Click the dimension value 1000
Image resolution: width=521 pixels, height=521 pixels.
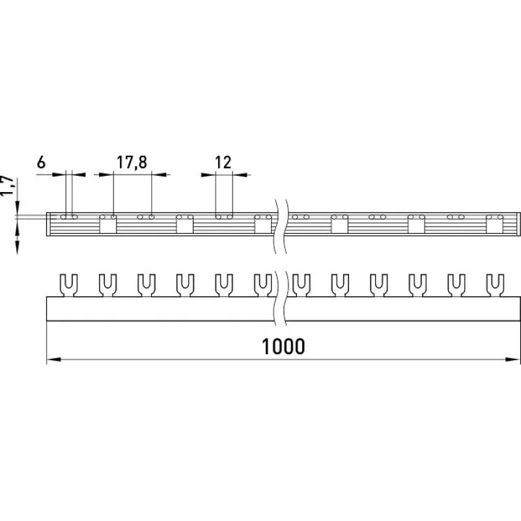pyautogui.click(x=283, y=346)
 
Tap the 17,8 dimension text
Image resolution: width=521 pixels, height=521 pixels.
pyautogui.click(x=132, y=162)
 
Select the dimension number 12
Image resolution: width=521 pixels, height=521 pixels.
pyautogui.click(x=223, y=162)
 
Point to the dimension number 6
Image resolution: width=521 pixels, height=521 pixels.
pyautogui.click(x=41, y=162)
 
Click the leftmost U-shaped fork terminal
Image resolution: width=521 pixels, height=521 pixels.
pyautogui.click(x=68, y=285)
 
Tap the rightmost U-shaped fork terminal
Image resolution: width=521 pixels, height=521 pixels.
pyautogui.click(x=495, y=285)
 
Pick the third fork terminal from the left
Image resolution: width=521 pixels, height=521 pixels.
pyautogui.click(x=146, y=285)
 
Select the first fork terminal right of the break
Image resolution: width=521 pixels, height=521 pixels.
pyautogui.click(x=302, y=285)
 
